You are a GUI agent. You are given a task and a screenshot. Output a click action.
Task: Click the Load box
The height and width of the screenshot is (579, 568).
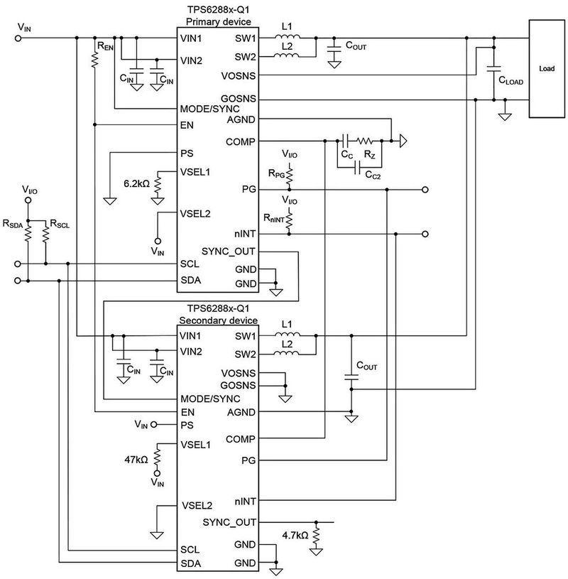point(547,70)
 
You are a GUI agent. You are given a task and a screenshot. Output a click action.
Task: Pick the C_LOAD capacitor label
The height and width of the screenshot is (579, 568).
point(510,81)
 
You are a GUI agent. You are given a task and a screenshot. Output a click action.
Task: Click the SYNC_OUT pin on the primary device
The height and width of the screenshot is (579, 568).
point(229,251)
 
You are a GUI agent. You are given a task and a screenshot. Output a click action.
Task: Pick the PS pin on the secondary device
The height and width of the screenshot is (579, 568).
point(187,425)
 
